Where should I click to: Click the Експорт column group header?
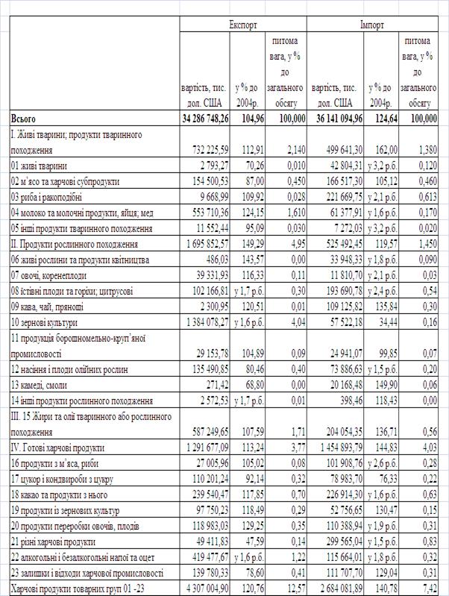pyautogui.click(x=242, y=24)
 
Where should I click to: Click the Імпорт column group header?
pyautogui.click(x=372, y=24)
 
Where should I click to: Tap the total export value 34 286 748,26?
pyautogui.click(x=205, y=119)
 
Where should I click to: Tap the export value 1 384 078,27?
pyautogui.click(x=206, y=322)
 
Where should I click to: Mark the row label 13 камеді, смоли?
pyautogui.click(x=43, y=385)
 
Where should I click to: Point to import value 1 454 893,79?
pyautogui.click(x=337, y=448)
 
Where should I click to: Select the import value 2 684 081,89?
pyautogui.click(x=337, y=589)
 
